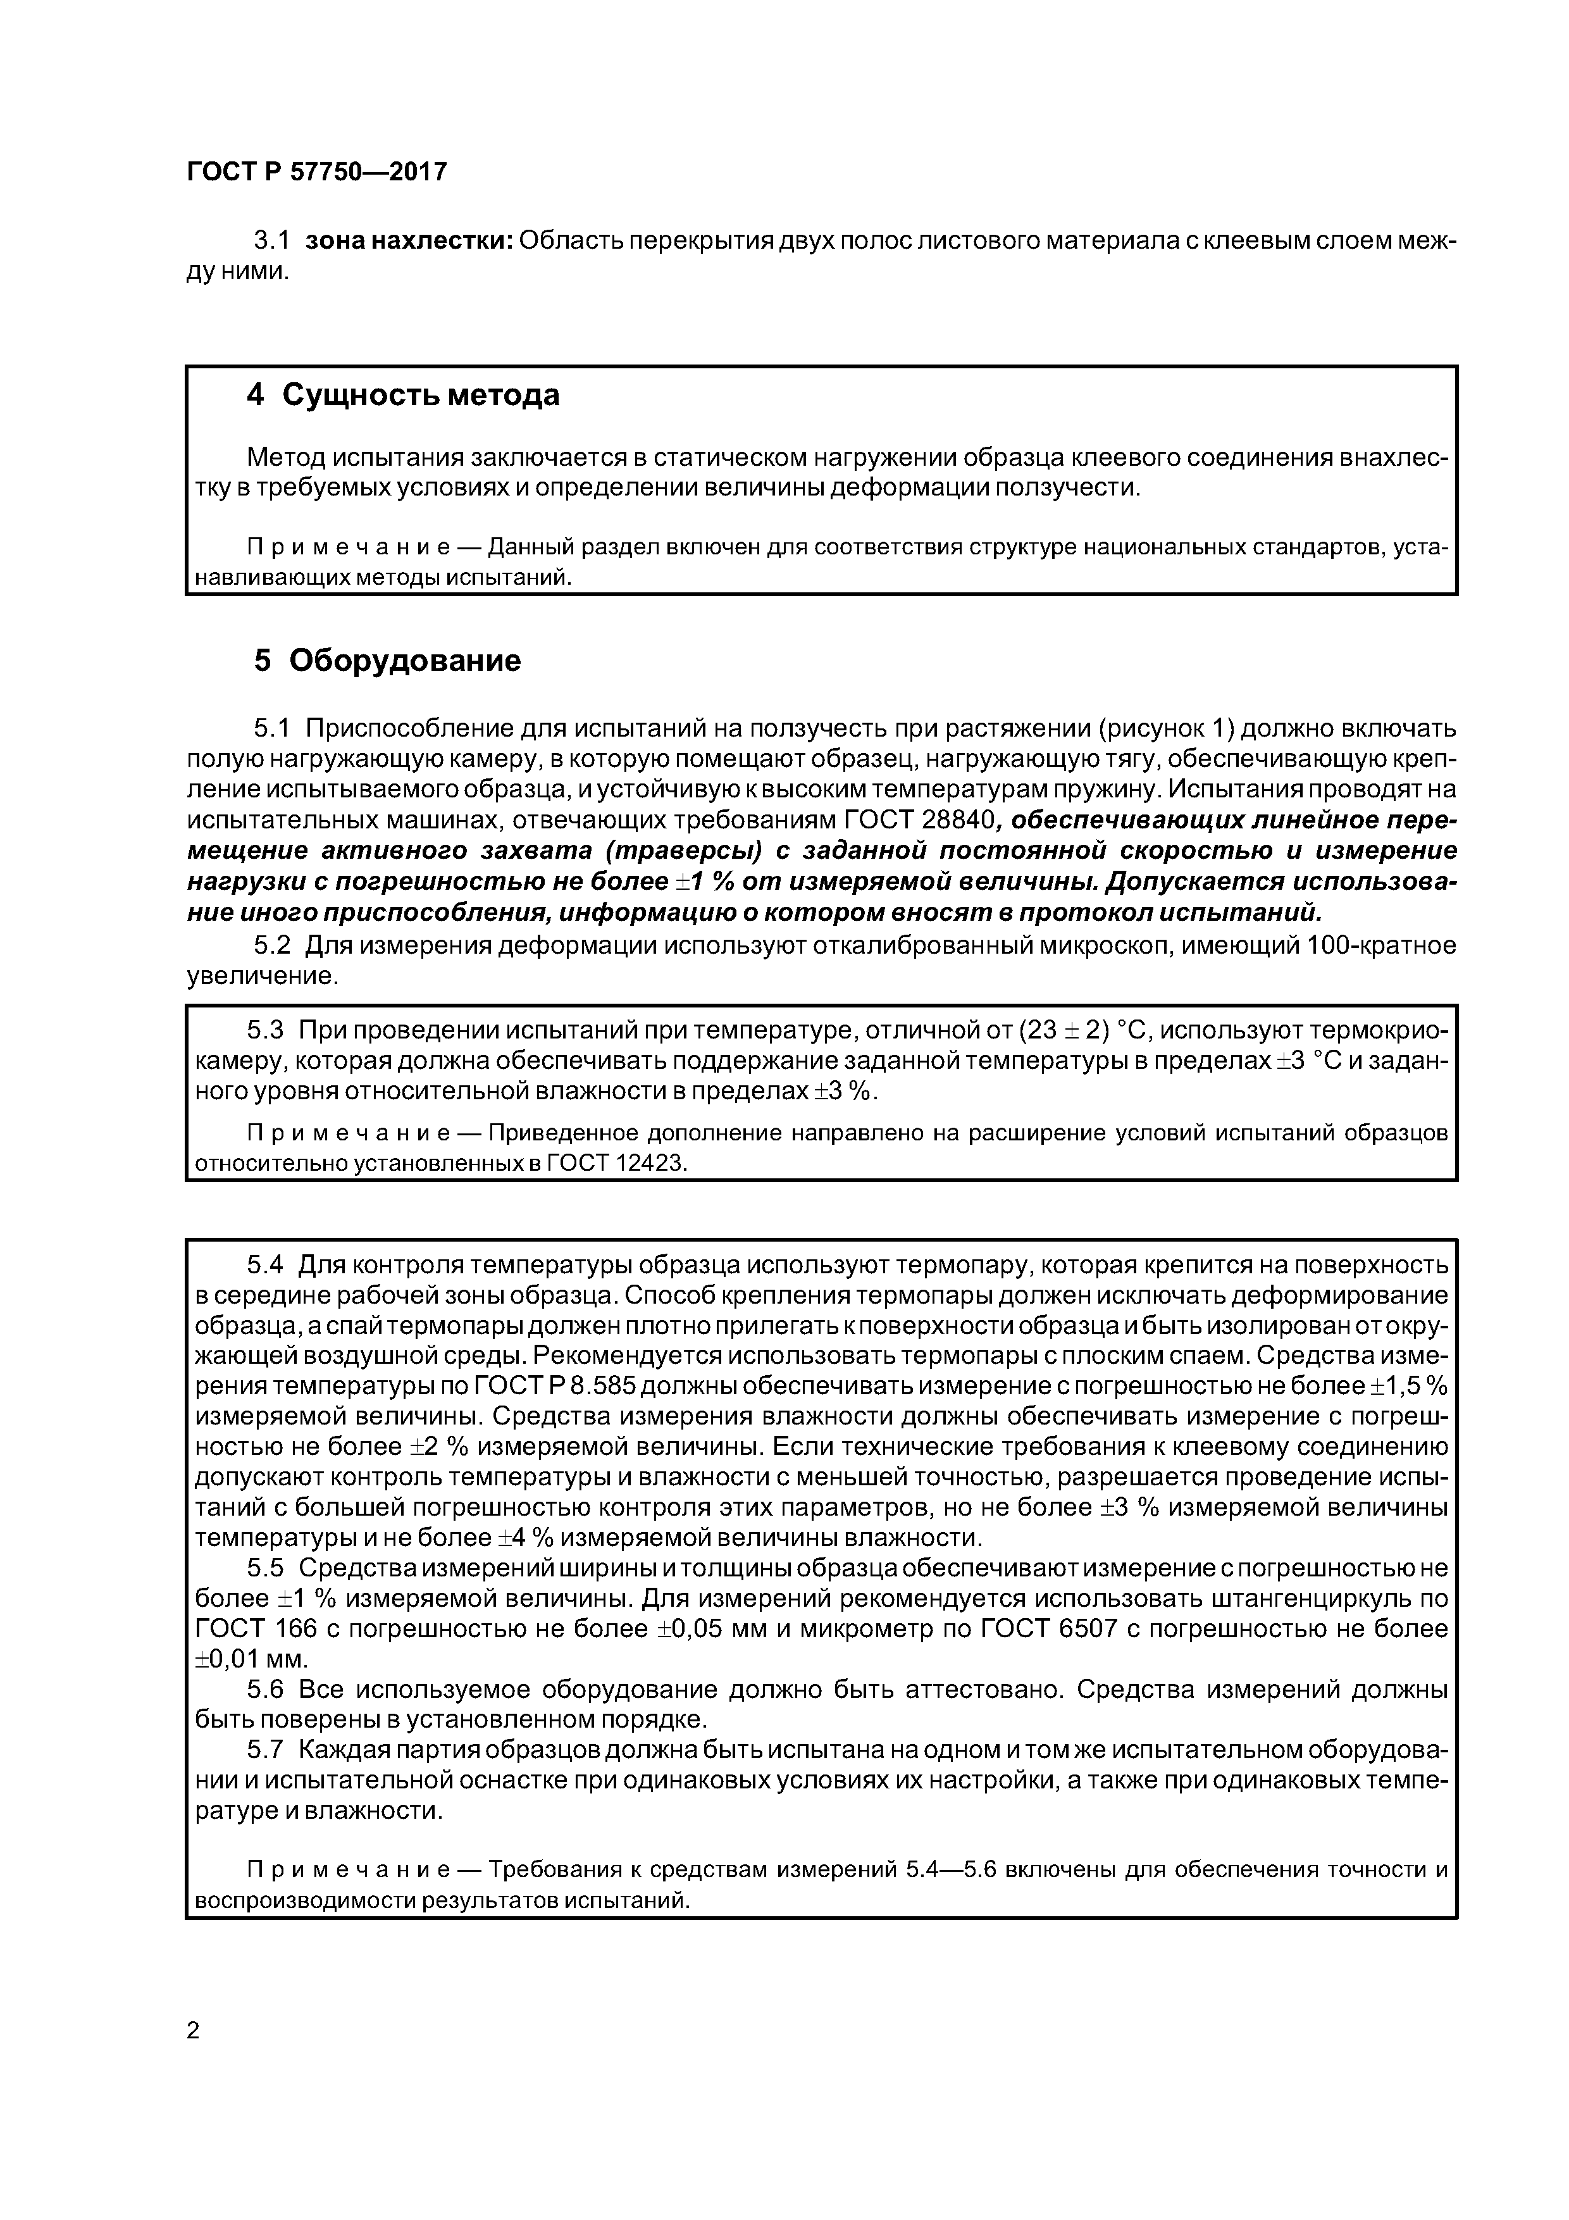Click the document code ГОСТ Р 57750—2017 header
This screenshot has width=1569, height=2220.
316,172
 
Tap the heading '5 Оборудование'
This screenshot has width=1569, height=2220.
387,661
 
